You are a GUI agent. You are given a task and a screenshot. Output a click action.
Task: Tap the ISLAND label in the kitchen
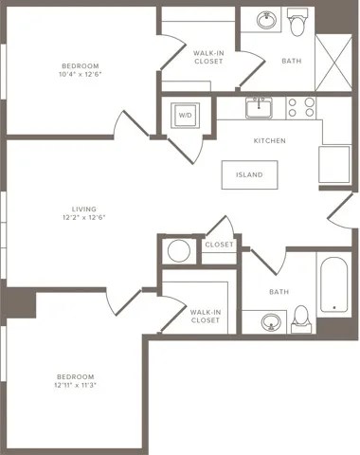pos(250,175)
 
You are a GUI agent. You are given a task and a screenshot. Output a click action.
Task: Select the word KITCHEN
pos(269,141)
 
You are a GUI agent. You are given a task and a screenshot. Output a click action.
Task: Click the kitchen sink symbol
pos(258,106)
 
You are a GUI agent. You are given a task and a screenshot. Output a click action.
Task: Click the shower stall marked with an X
pos(332,60)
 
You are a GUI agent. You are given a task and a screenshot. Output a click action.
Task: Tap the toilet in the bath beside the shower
pos(297,23)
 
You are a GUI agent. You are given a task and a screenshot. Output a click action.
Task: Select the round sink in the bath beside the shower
pos(264,20)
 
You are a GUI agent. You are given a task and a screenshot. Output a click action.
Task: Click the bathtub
pos(333,284)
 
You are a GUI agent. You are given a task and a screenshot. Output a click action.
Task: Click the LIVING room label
pos(84,209)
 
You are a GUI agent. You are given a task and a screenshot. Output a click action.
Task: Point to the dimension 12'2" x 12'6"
pos(84,219)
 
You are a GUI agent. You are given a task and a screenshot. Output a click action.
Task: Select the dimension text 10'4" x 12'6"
pos(81,76)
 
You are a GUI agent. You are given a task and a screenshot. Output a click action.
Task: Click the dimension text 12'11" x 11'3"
pos(77,385)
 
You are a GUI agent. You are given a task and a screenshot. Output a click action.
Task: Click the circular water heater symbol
pos(177,251)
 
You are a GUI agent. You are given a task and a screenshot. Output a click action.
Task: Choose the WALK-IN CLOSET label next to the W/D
pos(207,58)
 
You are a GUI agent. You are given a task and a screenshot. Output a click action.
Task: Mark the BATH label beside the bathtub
pos(279,292)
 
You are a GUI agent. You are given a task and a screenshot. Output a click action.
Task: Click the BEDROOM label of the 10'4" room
pos(81,65)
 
